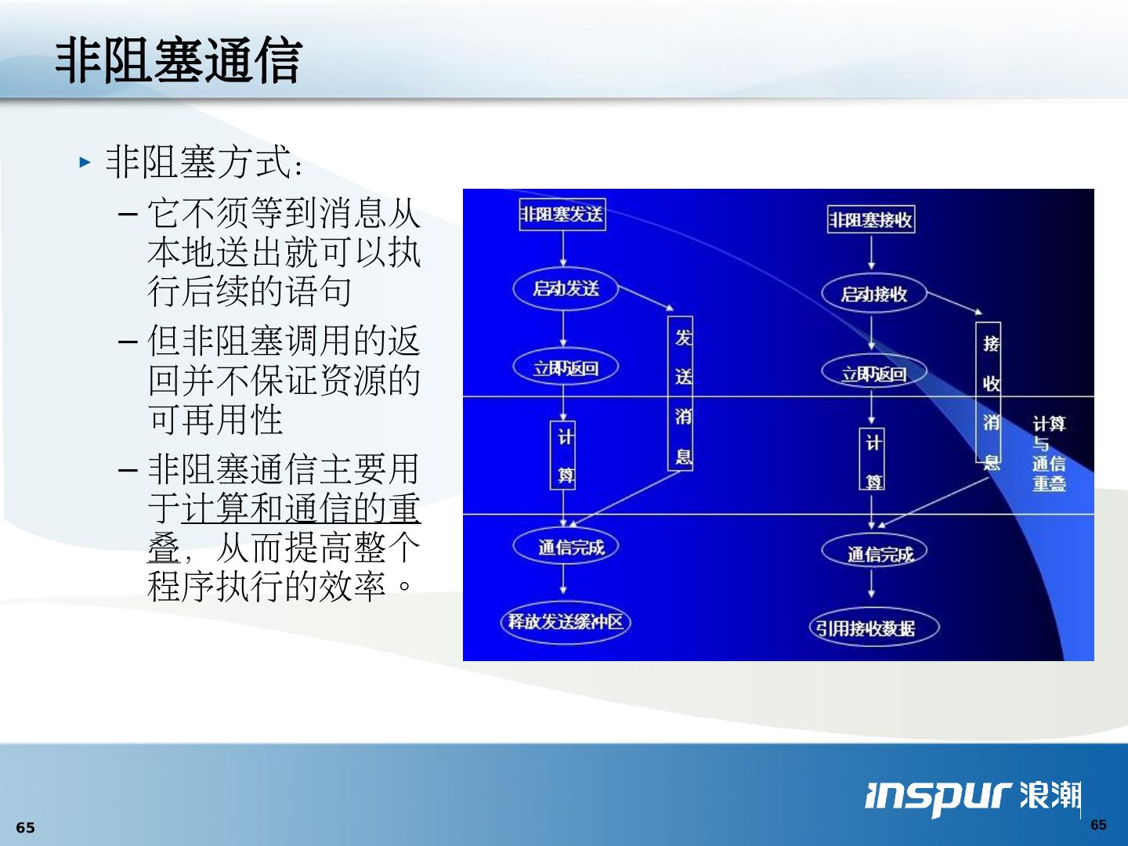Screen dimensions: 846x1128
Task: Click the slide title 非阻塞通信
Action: click(179, 60)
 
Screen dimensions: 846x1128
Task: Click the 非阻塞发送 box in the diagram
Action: click(562, 214)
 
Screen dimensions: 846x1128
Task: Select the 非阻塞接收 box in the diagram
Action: click(871, 220)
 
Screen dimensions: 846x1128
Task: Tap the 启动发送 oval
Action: click(566, 288)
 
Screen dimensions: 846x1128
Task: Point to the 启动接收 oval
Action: click(873, 294)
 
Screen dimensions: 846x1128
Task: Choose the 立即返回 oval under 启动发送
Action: click(566, 367)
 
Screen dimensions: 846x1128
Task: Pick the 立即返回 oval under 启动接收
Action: click(873, 374)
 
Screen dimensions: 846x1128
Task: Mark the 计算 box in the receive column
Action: click(873, 460)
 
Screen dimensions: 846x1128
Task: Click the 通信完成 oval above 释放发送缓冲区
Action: click(566, 547)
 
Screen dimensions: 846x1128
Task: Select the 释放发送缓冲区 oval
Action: click(566, 622)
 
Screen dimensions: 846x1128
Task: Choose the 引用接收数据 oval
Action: click(873, 627)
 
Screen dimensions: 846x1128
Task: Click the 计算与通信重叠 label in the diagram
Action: click(1048, 454)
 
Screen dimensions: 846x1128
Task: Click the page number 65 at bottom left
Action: click(26, 828)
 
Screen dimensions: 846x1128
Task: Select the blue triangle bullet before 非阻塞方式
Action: click(85, 163)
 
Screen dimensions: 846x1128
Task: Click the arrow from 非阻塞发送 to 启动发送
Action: click(562, 250)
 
